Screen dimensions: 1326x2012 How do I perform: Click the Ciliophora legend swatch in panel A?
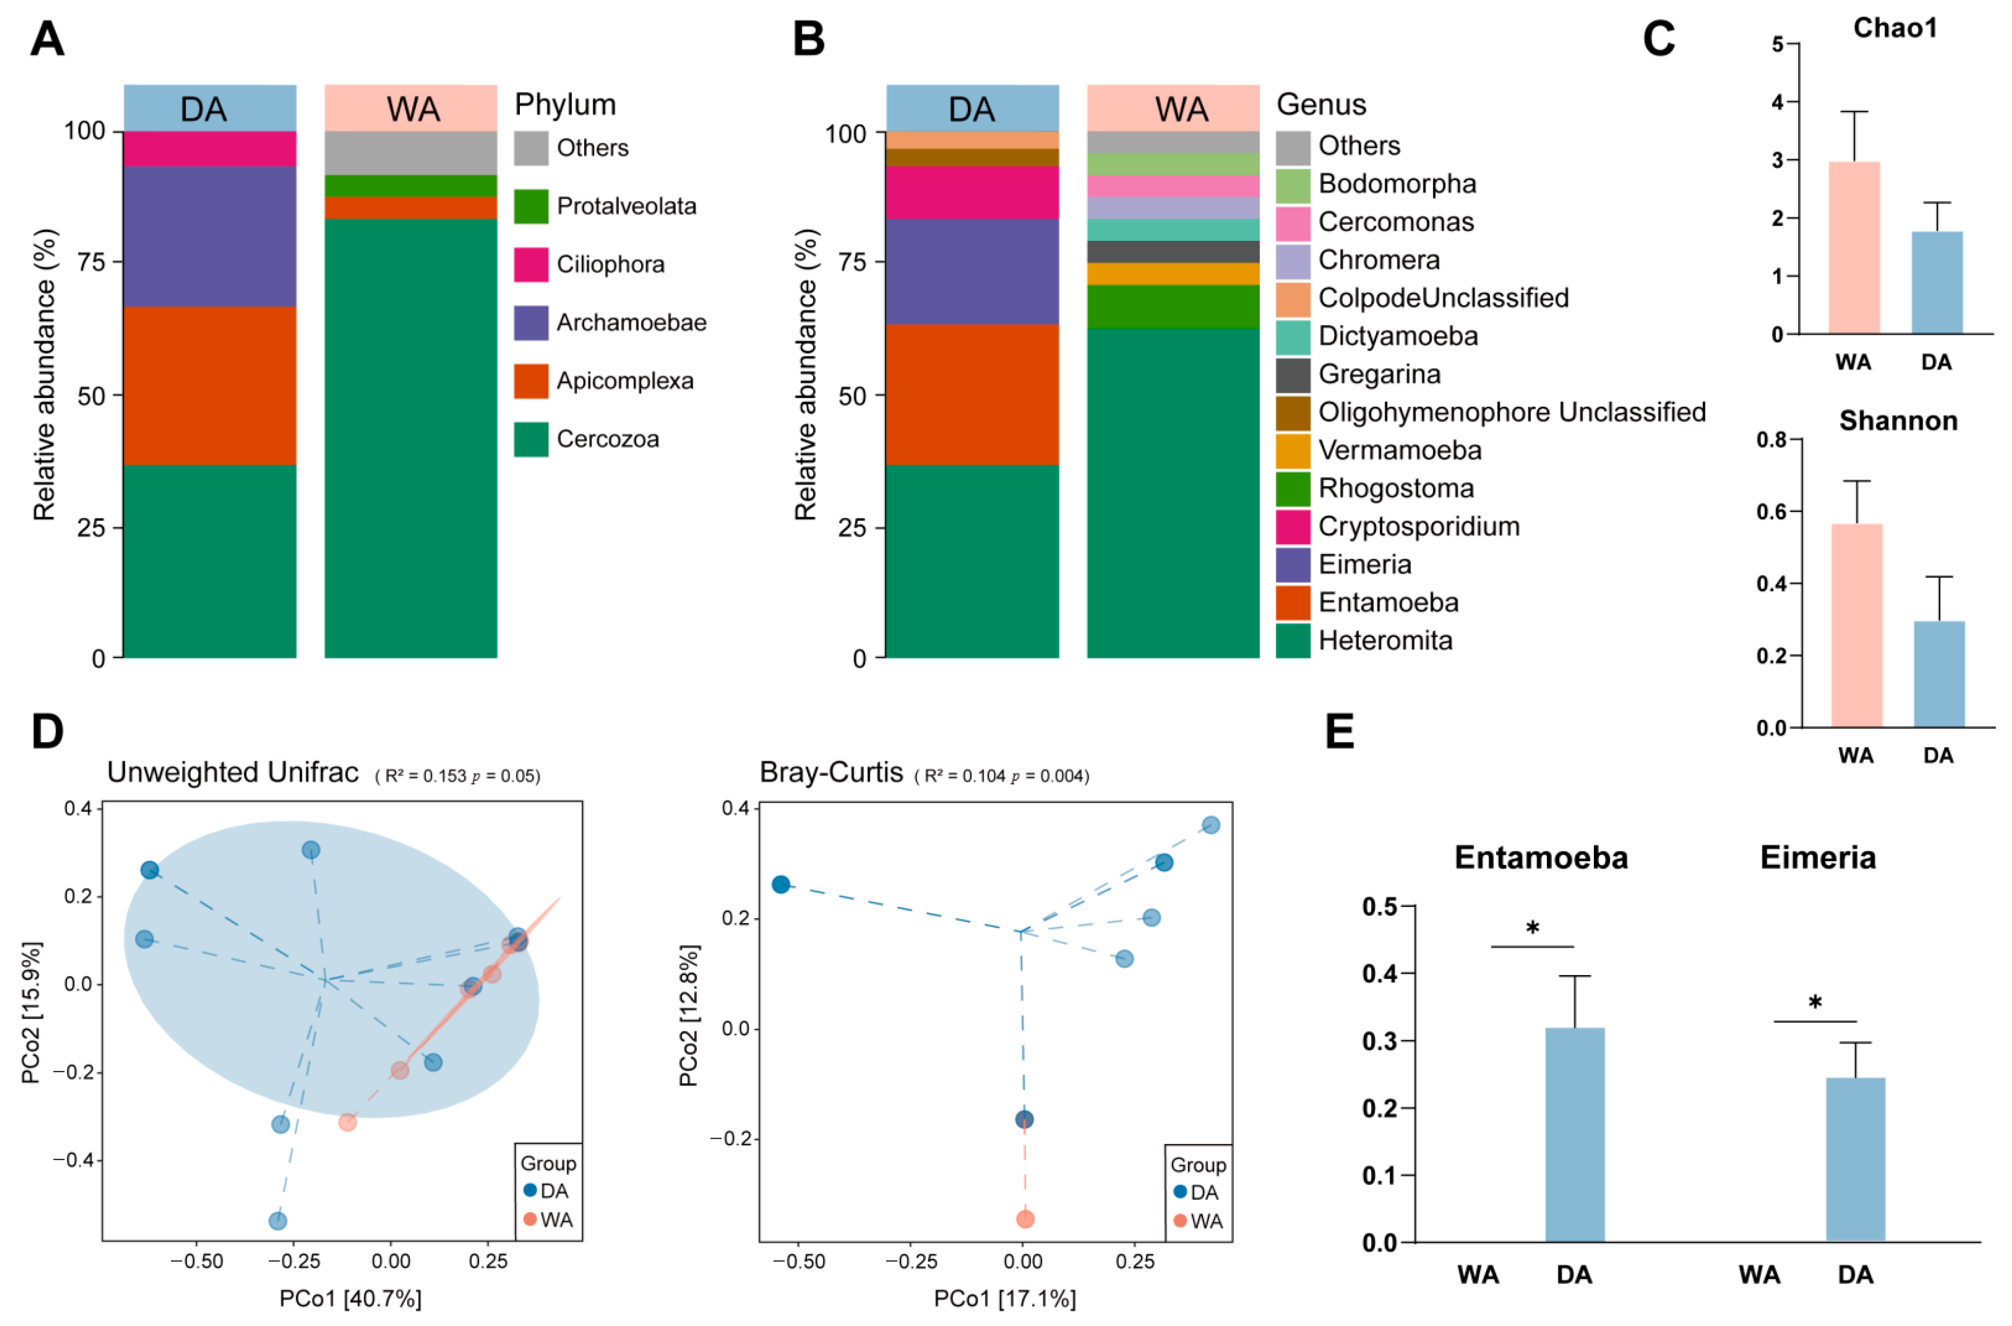point(531,265)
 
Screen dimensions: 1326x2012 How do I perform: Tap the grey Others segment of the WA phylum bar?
point(411,152)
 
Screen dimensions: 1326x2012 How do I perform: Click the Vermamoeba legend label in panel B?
point(1400,450)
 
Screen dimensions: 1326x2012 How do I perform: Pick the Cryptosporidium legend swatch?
point(1293,527)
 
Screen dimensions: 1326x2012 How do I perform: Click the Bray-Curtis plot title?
point(831,772)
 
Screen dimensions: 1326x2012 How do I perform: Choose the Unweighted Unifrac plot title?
point(233,772)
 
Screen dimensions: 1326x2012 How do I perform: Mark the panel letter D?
point(47,731)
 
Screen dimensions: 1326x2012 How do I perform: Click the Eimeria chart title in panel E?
point(1818,858)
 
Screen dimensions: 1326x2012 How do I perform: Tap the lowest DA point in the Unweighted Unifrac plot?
point(278,1220)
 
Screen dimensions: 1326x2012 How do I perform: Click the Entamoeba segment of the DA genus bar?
point(973,394)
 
